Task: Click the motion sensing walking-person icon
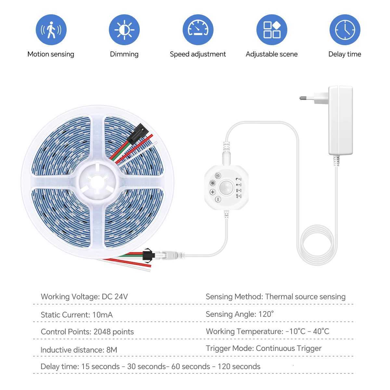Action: tap(51, 30)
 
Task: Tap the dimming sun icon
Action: tap(124, 30)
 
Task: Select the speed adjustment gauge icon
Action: tap(198, 30)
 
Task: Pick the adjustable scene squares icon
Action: tap(272, 30)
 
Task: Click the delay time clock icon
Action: tap(345, 30)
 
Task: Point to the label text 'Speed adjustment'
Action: tap(198, 54)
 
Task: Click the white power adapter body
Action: tap(340, 120)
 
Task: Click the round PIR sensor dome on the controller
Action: tap(225, 188)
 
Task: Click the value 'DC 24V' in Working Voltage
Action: tap(115, 297)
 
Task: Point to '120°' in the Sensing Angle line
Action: tap(266, 314)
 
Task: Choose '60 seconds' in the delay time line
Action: tap(190, 367)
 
